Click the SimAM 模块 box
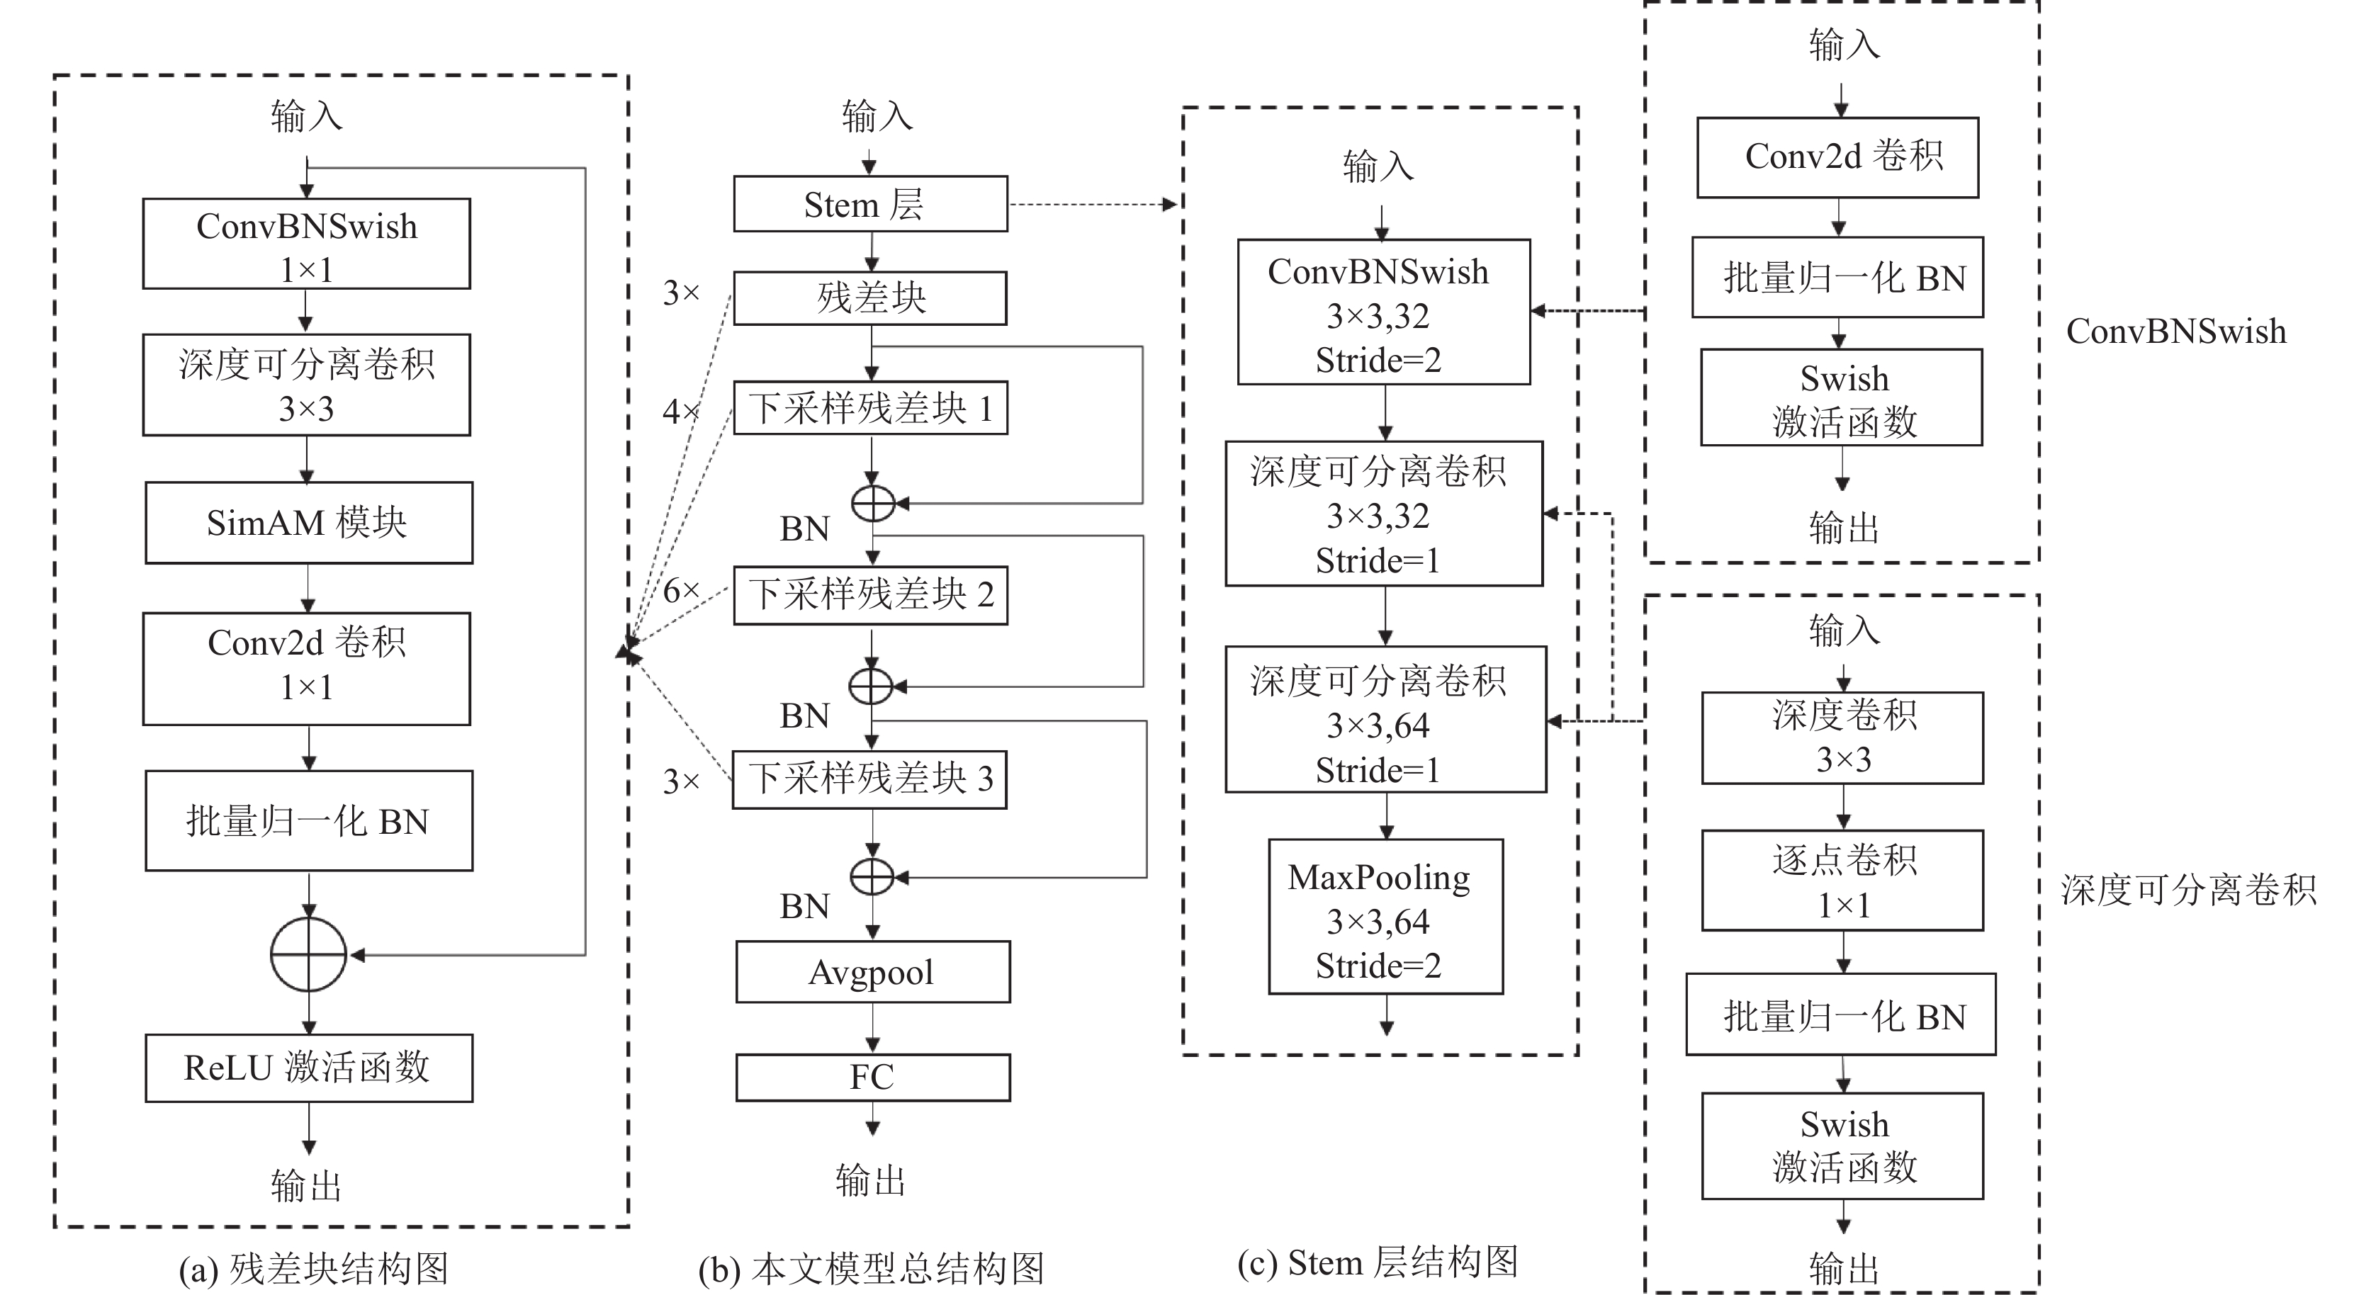pyautogui.click(x=308, y=523)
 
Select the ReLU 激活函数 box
pyautogui.click(x=308, y=1068)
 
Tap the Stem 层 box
pyautogui.click(x=869, y=204)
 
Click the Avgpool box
pyautogui.click(x=872, y=972)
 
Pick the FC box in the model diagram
pyautogui.click(x=872, y=1077)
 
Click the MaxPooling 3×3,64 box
pyautogui.click(x=1385, y=917)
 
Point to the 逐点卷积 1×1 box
pyautogui.click(x=1842, y=881)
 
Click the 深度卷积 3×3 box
pyautogui.click(x=1842, y=738)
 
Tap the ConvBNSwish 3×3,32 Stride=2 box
pyautogui.click(x=1383, y=312)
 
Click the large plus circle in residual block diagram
pyautogui.click(x=308, y=954)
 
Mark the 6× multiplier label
pyautogui.click(x=681, y=590)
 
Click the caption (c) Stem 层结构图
pyautogui.click(x=1377, y=1262)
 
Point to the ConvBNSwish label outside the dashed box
pyautogui.click(x=2176, y=332)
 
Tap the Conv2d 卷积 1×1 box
pyautogui.click(x=307, y=669)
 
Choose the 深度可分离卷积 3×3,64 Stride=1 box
pyautogui.click(x=1385, y=719)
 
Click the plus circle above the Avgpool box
pyautogui.click(x=872, y=877)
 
